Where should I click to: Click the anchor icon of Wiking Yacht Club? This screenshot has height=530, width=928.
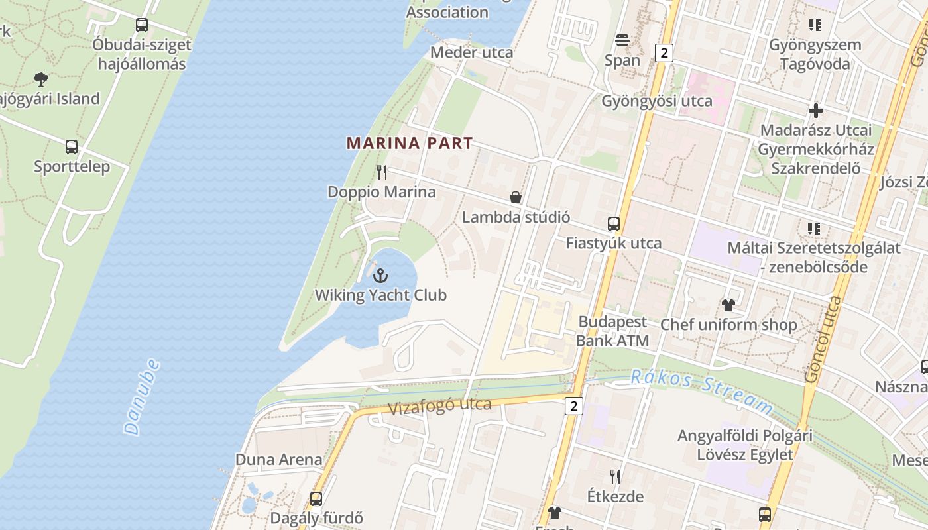(380, 275)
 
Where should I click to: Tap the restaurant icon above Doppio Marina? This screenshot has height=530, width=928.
(381, 172)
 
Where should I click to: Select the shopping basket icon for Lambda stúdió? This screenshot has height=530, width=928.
(515, 197)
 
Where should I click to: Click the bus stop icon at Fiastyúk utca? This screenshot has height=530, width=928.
(614, 224)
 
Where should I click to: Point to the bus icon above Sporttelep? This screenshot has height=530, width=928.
(72, 147)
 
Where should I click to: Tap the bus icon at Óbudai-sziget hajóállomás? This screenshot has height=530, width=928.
(141, 25)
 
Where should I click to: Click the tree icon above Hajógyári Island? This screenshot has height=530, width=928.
(41, 79)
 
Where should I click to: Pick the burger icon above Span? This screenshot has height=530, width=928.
(622, 40)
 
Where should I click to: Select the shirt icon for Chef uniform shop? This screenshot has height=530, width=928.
(728, 305)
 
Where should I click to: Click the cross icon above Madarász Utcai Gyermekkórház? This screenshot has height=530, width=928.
(816, 110)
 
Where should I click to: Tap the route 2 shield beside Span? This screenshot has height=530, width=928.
(664, 53)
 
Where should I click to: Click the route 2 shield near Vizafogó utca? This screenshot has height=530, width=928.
(574, 405)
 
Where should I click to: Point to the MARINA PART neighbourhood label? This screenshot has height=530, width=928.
(410, 143)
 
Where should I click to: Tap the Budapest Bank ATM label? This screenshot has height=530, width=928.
(612, 331)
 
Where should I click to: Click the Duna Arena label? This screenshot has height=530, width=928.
(279, 460)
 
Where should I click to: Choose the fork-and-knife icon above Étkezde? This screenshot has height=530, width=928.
(615, 476)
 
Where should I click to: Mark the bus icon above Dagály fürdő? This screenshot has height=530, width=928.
(316, 498)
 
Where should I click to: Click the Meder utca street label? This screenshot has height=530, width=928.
(471, 52)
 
